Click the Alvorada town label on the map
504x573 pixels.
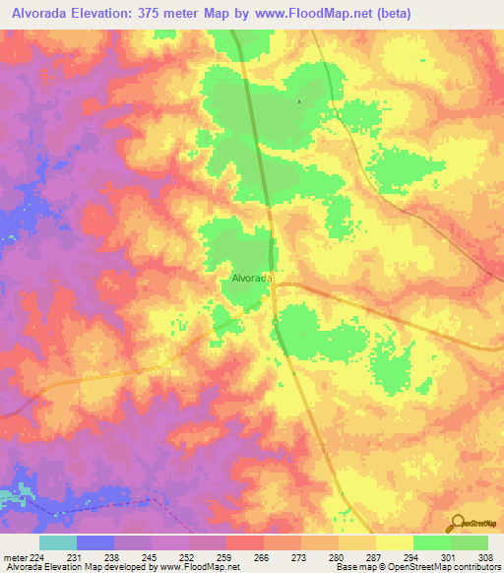[252, 279]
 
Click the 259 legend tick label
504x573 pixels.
[225, 556]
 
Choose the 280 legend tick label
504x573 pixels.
[338, 556]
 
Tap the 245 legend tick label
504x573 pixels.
[151, 556]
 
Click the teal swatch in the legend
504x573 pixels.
[58, 542]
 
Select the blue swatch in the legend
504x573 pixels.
[95, 542]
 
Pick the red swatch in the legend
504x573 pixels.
[245, 542]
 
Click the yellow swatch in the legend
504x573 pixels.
[395, 542]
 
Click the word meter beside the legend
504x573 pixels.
[15, 556]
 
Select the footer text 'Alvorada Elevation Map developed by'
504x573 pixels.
[71, 567]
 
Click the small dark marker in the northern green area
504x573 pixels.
[298, 100]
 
